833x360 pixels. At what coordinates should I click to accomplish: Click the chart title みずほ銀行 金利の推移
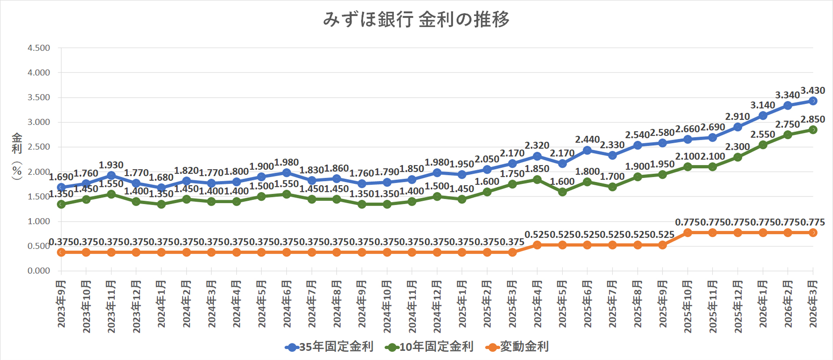click(416, 20)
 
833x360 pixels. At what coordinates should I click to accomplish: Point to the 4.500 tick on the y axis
click(39, 48)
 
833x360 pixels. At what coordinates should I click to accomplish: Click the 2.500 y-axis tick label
click(39, 147)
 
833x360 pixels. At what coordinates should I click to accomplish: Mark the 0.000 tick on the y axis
click(39, 271)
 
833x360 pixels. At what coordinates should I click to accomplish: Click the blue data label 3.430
click(813, 91)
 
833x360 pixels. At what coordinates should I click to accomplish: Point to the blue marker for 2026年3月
click(813, 101)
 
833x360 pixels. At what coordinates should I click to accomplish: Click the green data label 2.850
click(813, 119)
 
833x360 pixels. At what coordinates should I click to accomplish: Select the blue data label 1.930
click(111, 165)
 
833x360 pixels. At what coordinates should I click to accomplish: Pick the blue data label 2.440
click(587, 140)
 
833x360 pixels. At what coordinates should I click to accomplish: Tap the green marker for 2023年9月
click(61, 204)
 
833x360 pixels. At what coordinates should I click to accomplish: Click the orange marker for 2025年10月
click(688, 233)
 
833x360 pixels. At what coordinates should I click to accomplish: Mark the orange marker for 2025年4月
click(537, 245)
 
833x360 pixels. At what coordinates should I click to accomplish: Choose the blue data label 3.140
click(762, 105)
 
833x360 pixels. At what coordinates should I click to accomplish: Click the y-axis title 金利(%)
click(17, 156)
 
